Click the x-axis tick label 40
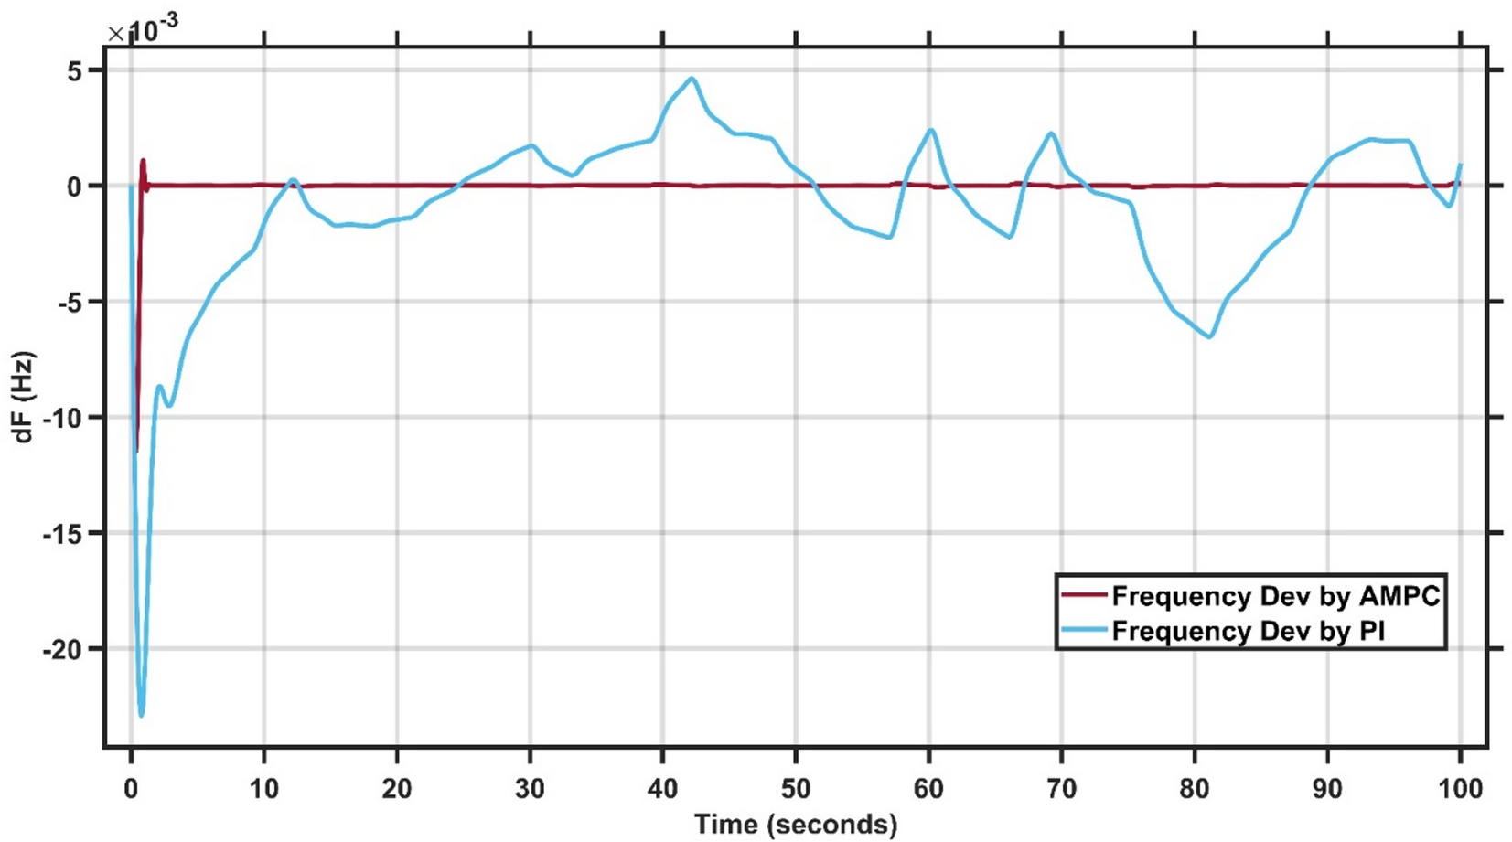tap(662, 788)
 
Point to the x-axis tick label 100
tap(1459, 788)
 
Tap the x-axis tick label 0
tap(132, 788)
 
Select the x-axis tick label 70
tap(1061, 788)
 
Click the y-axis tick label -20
tap(62, 650)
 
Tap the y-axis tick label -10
tap(62, 419)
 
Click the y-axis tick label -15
tap(62, 534)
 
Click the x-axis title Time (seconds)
tap(796, 824)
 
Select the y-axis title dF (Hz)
tap(24, 397)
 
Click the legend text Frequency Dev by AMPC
tap(1275, 596)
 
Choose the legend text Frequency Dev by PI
tap(1248, 632)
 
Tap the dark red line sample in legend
tap(1084, 596)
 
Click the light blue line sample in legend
tap(1084, 632)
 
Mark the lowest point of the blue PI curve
tap(141, 715)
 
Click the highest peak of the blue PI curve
tap(693, 79)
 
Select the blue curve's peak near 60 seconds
tap(931, 130)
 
